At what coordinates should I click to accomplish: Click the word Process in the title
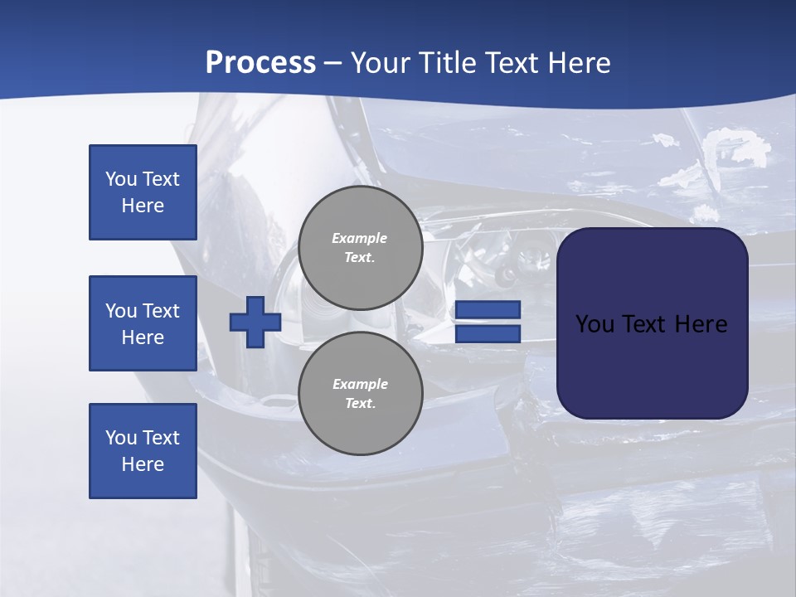(260, 63)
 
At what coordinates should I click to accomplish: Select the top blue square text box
(143, 192)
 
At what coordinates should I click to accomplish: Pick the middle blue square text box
(143, 323)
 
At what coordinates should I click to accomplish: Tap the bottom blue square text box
(143, 451)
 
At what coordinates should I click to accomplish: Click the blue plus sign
(255, 322)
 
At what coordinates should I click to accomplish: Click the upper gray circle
(360, 248)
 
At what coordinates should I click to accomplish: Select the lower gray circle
(360, 394)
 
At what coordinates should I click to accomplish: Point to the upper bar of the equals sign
(488, 310)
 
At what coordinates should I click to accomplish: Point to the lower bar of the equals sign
(488, 333)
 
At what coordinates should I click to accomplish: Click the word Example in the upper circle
(359, 238)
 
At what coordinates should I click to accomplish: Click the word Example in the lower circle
(360, 384)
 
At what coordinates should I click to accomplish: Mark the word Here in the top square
(143, 206)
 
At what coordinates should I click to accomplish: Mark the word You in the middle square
(120, 311)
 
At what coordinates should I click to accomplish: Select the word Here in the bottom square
(143, 464)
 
